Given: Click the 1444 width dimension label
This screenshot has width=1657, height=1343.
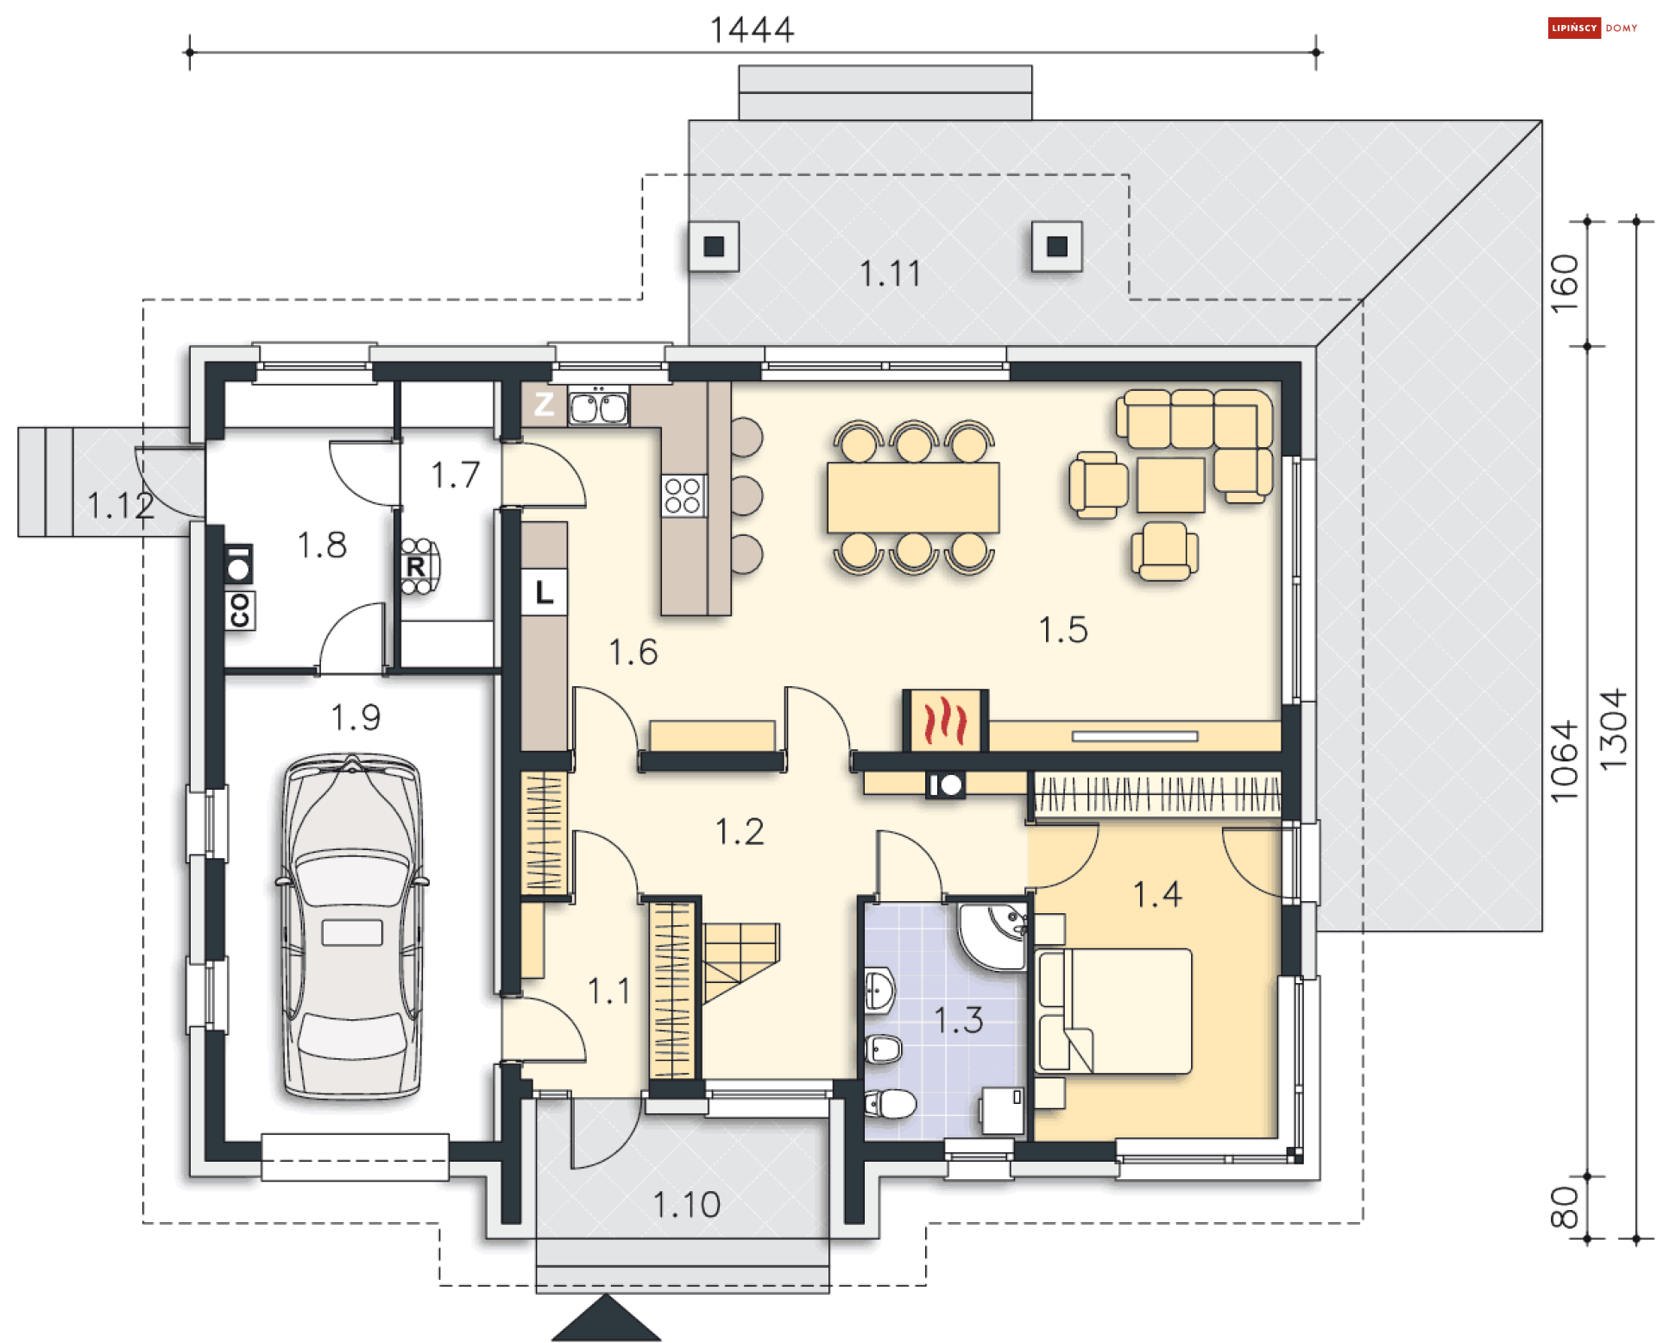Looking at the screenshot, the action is (x=752, y=29).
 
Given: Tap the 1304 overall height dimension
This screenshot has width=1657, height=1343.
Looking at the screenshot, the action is (x=1614, y=730).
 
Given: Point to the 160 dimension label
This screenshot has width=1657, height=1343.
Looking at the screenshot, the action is (x=1565, y=283).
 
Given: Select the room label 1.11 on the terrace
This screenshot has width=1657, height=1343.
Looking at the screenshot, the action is (x=891, y=274).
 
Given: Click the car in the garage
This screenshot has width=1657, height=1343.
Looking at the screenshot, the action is (x=352, y=927).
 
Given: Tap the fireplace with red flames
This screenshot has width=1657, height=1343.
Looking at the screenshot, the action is (x=945, y=721).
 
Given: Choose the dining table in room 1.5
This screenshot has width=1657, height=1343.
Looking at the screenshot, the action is (x=913, y=497).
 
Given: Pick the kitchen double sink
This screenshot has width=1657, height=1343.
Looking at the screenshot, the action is (x=598, y=407).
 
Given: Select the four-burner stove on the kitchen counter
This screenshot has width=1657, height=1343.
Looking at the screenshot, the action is (x=684, y=495).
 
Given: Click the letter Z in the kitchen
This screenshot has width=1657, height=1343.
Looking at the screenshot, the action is (x=544, y=403).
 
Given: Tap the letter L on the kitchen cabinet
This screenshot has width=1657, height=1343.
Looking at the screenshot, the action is (x=544, y=592).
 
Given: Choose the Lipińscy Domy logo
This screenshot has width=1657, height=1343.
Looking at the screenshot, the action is (x=1592, y=28).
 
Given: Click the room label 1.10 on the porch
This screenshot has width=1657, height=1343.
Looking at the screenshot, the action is (x=686, y=1205).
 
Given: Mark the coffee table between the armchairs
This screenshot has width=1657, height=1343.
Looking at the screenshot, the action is (x=1170, y=485).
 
